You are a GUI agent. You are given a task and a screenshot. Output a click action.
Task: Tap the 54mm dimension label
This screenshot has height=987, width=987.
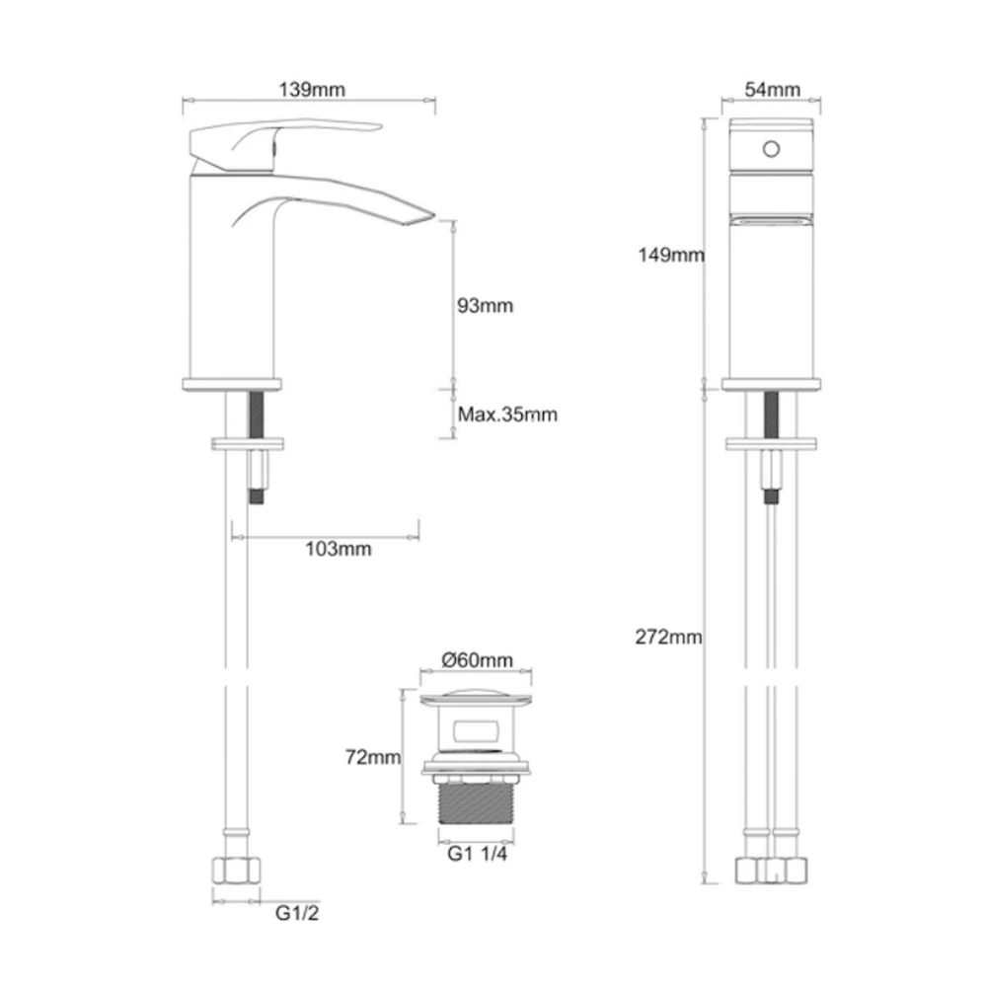(x=772, y=89)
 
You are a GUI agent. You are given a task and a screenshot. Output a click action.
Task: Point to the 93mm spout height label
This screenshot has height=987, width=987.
(x=485, y=306)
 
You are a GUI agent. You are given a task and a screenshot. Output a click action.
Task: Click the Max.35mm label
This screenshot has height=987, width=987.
(x=507, y=415)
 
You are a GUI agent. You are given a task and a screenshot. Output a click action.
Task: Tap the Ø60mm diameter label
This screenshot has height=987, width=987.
(x=478, y=659)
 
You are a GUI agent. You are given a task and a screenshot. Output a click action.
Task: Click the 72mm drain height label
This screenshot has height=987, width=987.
(x=372, y=758)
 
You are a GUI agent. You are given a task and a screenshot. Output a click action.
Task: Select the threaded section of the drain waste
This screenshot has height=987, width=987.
(x=477, y=800)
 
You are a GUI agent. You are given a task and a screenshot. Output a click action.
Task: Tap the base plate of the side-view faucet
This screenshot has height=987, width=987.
(x=233, y=384)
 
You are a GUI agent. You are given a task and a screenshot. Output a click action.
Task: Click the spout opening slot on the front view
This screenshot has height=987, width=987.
(x=772, y=222)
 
